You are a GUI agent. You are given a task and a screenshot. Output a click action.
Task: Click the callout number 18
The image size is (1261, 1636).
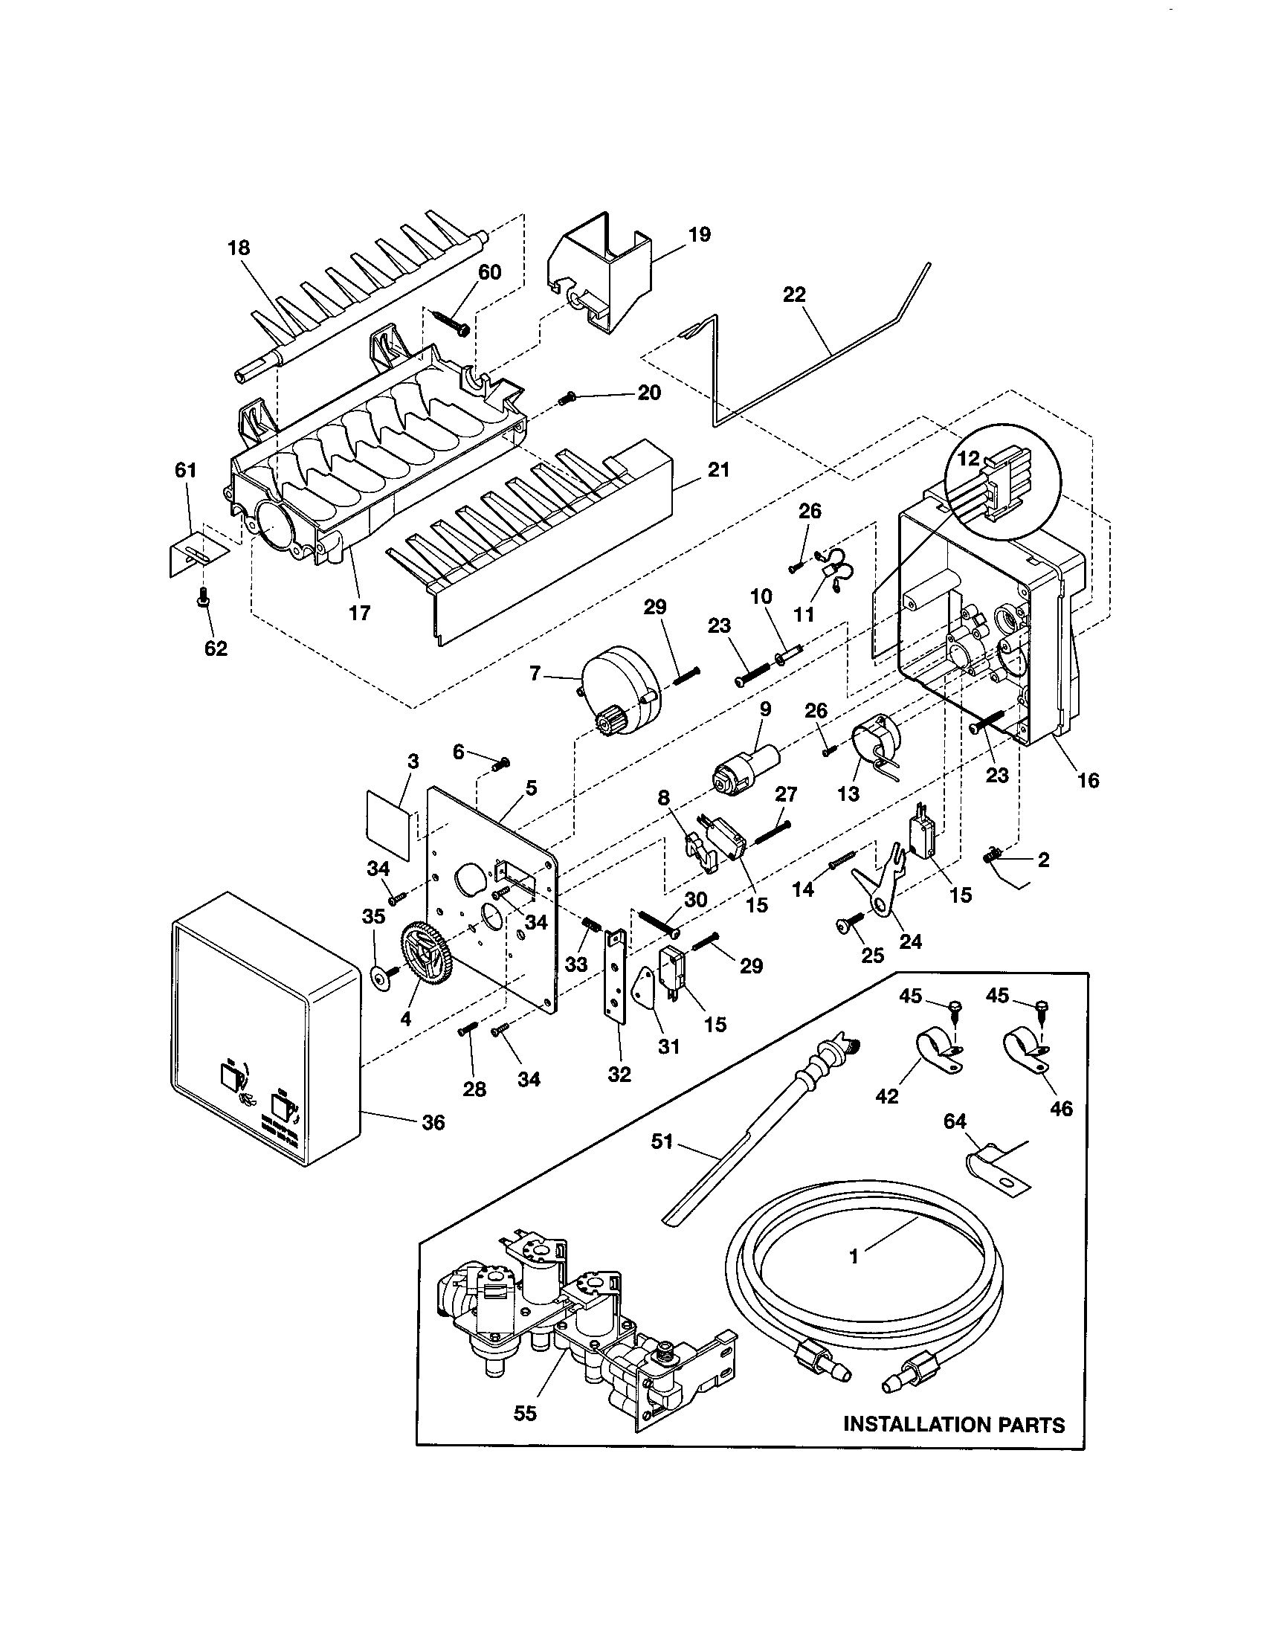click(x=239, y=248)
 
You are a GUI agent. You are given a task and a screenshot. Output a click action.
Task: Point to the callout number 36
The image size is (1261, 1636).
click(x=433, y=1121)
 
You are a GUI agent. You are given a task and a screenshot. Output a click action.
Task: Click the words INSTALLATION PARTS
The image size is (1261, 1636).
click(x=954, y=1424)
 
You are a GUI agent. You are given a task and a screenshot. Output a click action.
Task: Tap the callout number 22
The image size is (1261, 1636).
click(x=794, y=295)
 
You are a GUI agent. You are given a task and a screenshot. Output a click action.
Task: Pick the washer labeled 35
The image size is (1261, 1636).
click(x=382, y=977)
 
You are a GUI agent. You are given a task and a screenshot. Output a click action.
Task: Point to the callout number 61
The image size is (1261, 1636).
click(x=185, y=471)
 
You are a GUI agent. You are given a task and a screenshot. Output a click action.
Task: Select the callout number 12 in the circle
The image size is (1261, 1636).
click(x=968, y=458)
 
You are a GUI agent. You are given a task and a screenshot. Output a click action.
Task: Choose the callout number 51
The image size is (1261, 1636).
click(x=662, y=1141)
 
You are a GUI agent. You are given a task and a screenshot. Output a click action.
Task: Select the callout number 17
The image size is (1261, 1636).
click(x=359, y=613)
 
